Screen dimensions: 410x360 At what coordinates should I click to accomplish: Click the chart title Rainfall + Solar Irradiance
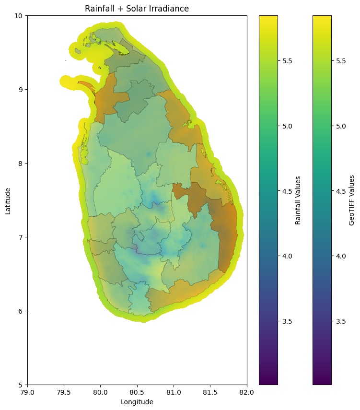point(137,9)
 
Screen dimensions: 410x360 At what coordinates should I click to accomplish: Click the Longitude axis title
point(137,402)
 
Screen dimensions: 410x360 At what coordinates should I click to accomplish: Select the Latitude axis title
point(8,200)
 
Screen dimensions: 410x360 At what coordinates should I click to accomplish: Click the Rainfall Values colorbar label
point(298,200)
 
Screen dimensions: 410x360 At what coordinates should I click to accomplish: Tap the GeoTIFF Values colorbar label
point(352,200)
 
